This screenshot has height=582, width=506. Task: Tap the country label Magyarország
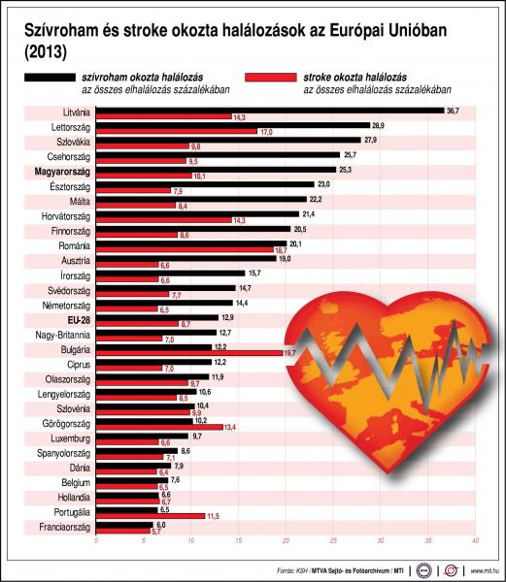[61, 170]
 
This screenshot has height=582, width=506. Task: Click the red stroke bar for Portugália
[151, 515]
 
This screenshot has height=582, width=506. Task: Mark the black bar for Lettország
[232, 126]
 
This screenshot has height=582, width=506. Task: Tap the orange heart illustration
[388, 378]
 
